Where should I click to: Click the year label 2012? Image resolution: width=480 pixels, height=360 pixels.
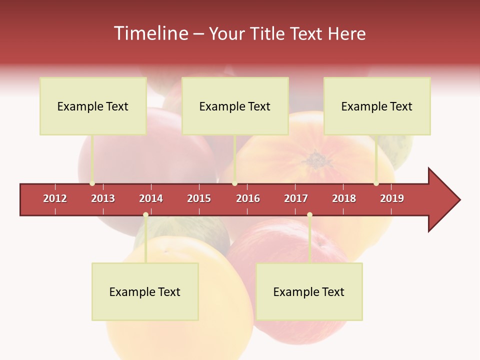(x=55, y=198)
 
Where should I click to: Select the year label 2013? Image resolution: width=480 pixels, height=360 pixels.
(x=103, y=198)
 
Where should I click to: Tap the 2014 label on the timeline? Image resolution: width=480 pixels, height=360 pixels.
(x=151, y=198)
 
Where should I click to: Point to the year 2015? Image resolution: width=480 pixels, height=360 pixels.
(x=199, y=198)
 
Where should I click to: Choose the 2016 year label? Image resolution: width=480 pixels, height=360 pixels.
(x=248, y=198)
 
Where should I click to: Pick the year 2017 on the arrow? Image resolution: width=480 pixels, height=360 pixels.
(x=296, y=198)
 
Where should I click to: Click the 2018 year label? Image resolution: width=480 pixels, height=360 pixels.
(x=344, y=198)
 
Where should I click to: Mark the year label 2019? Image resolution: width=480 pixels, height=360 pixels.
(x=392, y=198)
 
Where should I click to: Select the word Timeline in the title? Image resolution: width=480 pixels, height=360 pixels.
(x=150, y=33)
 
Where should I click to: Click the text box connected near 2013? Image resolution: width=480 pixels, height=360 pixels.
(x=93, y=106)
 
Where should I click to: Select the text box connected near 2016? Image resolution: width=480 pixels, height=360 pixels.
(x=235, y=106)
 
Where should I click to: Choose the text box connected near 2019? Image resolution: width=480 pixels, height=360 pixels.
(x=377, y=106)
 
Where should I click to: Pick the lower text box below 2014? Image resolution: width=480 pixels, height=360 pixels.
(x=145, y=291)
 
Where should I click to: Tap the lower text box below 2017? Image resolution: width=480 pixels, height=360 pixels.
(x=309, y=291)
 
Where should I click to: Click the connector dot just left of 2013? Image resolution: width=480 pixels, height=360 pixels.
(x=92, y=183)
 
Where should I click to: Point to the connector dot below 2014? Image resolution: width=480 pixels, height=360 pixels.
(x=145, y=215)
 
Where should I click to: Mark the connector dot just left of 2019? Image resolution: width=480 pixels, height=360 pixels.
(x=376, y=183)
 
